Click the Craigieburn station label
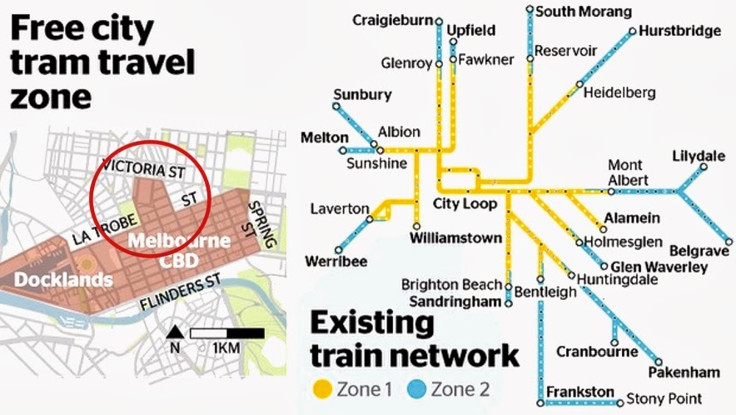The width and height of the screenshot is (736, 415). point(394,19)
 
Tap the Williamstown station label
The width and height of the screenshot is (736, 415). point(456,238)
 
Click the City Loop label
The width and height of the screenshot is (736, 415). point(465,204)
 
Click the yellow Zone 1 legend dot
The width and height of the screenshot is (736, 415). point(321,389)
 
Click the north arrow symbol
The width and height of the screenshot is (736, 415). point(175,334)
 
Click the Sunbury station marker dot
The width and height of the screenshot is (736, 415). point(336,107)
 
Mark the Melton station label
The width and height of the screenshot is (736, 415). point(319,137)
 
